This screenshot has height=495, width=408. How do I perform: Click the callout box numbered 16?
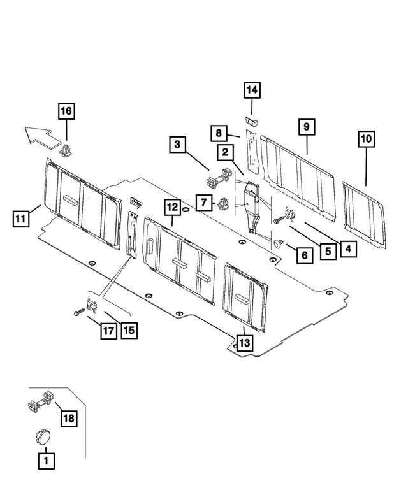tap(66, 111)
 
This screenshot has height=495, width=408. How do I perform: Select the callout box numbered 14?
tap(252, 91)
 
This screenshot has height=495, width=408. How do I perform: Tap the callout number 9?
tap(306, 127)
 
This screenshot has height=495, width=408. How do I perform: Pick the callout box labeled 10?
tap(367, 138)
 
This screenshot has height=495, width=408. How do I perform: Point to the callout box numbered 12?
tap(171, 206)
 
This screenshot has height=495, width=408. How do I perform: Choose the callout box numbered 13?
tap(244, 343)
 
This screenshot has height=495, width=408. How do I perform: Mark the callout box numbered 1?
tap(45, 459)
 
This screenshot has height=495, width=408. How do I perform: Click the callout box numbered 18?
tap(68, 418)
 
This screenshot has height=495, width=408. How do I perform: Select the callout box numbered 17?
tap(107, 331)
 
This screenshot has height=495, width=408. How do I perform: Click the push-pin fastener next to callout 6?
tap(279, 243)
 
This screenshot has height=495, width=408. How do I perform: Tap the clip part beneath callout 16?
tap(67, 151)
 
